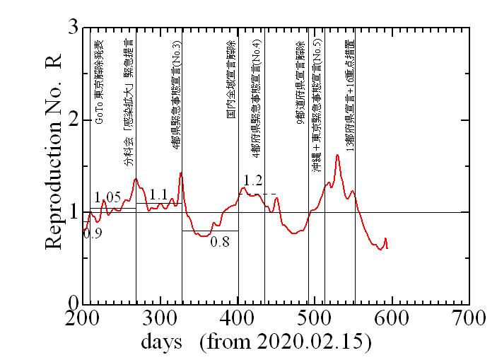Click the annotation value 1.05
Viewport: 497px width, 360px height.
[x=107, y=197]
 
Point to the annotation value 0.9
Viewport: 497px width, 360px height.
[x=93, y=233]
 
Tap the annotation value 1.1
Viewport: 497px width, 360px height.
[x=158, y=194]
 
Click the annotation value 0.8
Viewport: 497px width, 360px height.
[x=221, y=242]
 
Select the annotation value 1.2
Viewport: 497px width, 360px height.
[x=254, y=180]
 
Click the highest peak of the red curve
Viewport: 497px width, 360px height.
[x=337, y=155]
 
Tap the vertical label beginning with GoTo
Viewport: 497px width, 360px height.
[x=99, y=78]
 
